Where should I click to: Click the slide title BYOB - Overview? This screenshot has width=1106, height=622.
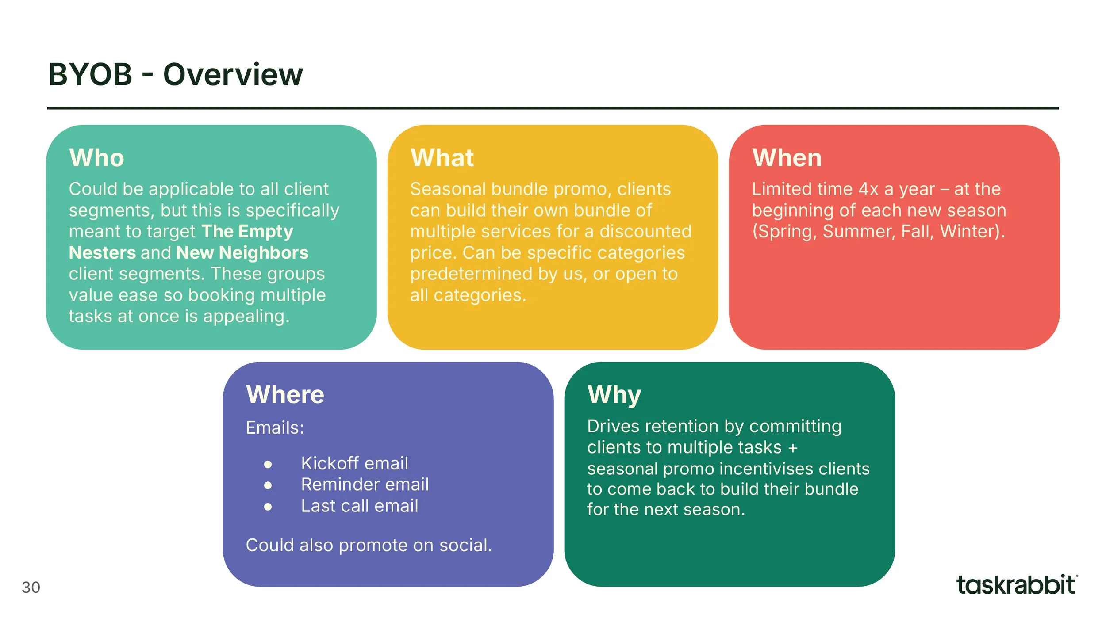[175, 74]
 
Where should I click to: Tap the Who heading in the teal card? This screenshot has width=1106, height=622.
[96, 158]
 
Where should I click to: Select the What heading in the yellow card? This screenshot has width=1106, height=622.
[442, 158]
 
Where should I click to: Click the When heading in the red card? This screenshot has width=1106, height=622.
[787, 158]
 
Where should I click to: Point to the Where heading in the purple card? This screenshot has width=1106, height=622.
[285, 395]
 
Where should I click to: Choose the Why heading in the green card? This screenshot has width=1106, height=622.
[614, 395]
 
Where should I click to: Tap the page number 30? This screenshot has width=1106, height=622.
[31, 588]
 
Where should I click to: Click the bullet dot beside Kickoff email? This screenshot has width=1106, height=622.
[268, 464]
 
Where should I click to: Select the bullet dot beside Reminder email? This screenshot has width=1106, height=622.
[268, 485]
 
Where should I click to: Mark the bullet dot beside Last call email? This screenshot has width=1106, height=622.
[268, 507]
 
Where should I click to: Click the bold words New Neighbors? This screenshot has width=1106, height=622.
[242, 253]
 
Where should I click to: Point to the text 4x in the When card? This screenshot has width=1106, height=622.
[868, 189]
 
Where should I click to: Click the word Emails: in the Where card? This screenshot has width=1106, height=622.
[275, 428]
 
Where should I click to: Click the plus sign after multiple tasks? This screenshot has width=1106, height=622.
[793, 448]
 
